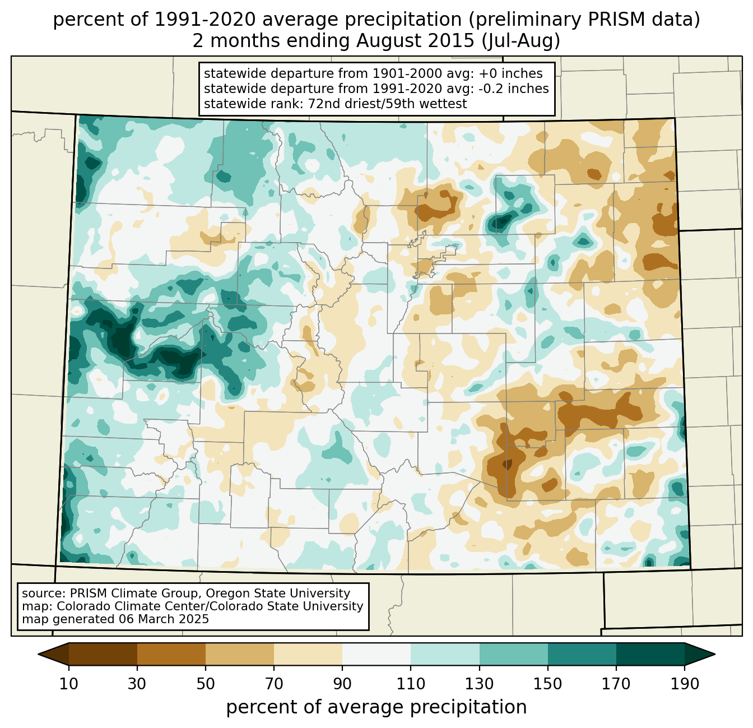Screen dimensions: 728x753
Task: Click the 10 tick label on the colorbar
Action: [x=69, y=684]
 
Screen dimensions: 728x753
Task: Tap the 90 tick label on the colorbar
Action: [x=342, y=684]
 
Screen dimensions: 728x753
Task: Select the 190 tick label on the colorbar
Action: [x=684, y=684]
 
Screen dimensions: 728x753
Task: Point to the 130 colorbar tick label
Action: [x=479, y=684]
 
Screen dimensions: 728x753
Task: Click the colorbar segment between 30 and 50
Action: [x=171, y=654]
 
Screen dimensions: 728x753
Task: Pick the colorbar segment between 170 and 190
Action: [x=650, y=654]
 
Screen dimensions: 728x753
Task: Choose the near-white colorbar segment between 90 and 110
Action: [x=376, y=654]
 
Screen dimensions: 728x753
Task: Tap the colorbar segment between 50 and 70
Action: [x=240, y=654]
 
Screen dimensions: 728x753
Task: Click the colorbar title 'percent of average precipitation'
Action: [x=376, y=707]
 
